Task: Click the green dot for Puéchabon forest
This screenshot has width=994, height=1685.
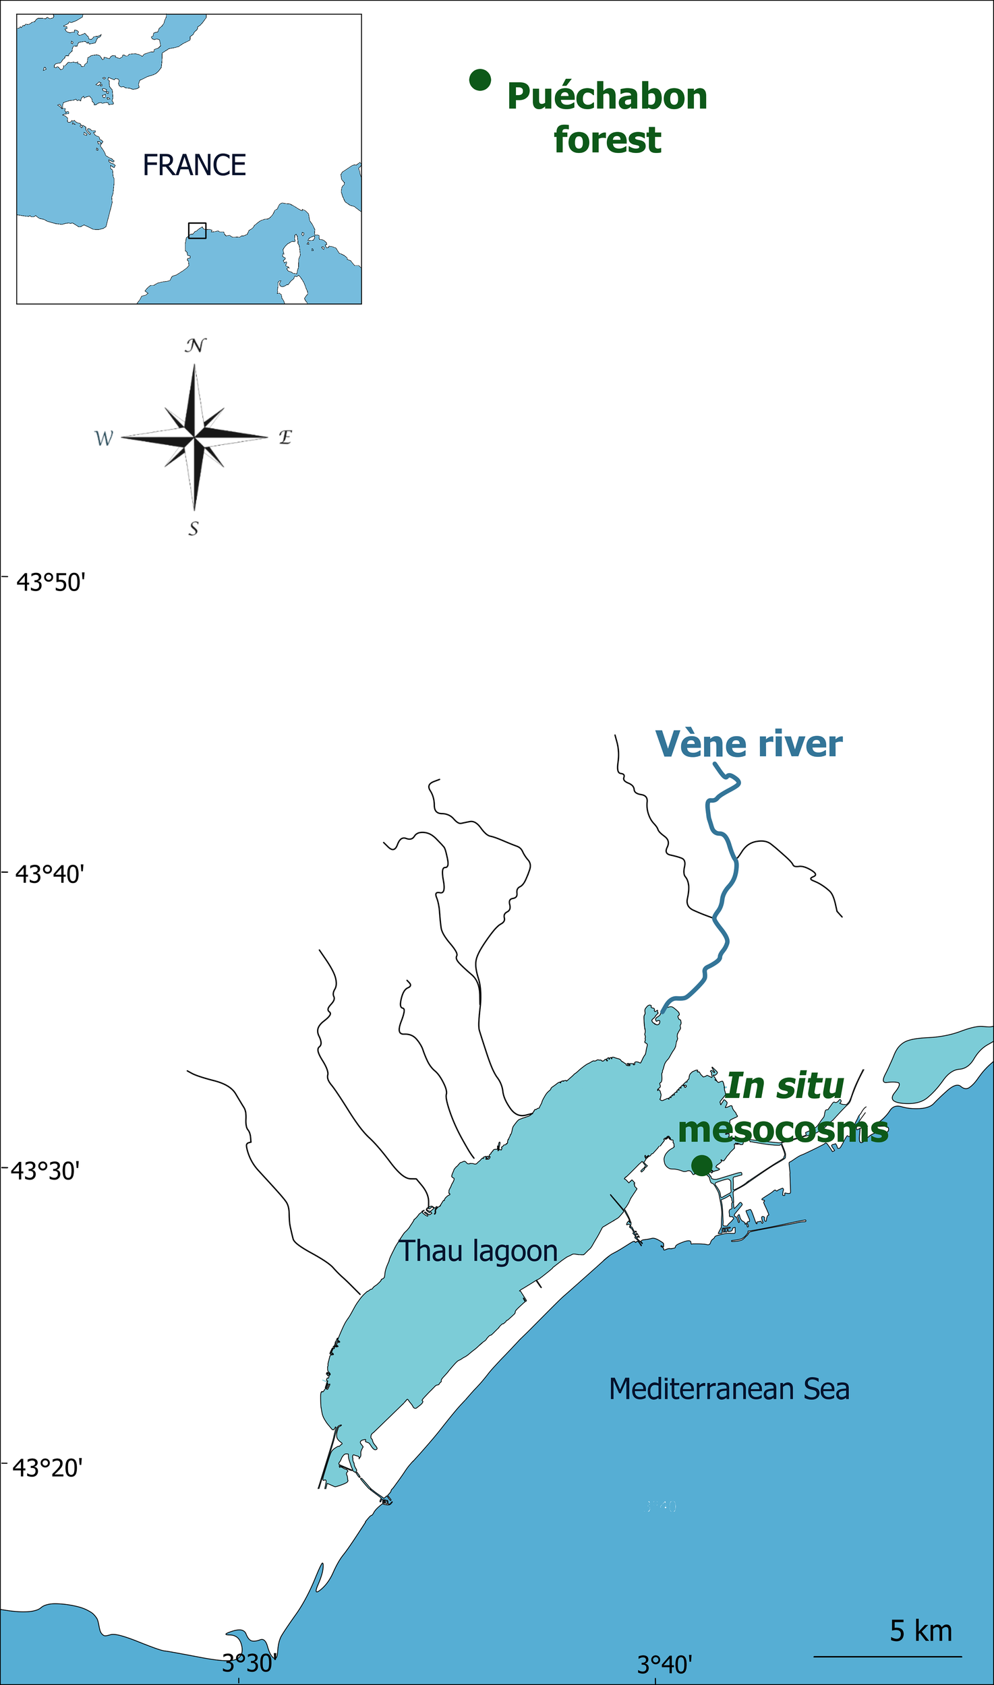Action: (479, 80)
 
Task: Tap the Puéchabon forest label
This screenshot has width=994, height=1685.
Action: (607, 118)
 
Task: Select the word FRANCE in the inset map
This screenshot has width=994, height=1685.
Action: (194, 165)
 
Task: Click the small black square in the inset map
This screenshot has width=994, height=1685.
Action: (197, 231)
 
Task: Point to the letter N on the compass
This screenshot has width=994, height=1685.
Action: (195, 346)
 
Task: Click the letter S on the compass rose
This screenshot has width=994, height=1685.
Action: (194, 528)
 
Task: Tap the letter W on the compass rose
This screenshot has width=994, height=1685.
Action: (104, 439)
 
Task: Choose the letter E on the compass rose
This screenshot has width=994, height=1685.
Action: (285, 437)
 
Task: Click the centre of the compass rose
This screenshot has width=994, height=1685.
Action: (194, 438)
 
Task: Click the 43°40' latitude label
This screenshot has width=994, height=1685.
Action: (50, 875)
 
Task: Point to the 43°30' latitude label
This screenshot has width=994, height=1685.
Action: (45, 1171)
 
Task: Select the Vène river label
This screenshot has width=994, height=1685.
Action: (749, 744)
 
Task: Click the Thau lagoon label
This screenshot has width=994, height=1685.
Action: (479, 1251)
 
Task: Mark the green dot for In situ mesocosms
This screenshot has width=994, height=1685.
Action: (701, 1165)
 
